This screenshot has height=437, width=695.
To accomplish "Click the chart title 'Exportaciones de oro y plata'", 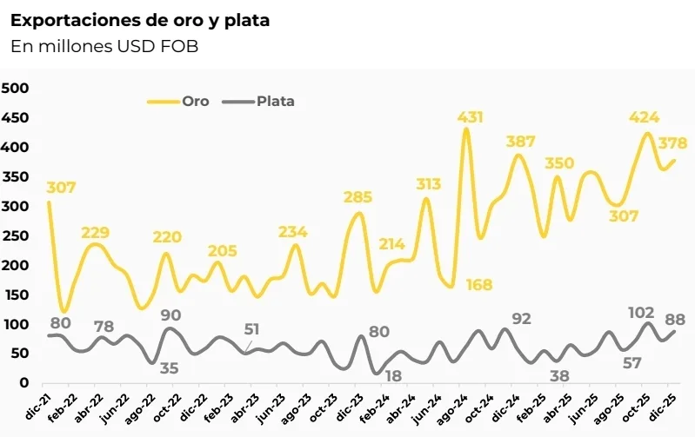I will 140,20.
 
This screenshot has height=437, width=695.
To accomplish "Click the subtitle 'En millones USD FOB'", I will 104,47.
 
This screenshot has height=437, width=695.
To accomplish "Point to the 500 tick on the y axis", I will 17,88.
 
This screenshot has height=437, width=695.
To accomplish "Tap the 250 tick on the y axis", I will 17,235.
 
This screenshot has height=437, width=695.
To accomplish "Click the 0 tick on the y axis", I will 25,382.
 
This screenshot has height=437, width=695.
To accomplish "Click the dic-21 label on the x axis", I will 37,405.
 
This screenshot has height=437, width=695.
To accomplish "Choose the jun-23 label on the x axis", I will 272,405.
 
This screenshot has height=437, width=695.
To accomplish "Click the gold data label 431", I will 471,116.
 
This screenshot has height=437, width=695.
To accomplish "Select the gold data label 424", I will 645,117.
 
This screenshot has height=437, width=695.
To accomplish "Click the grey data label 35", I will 169,368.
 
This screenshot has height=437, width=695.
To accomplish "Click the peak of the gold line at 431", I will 466,129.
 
